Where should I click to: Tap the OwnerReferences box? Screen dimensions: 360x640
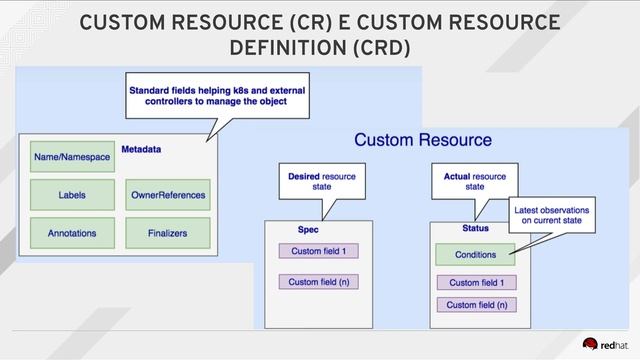[168, 195]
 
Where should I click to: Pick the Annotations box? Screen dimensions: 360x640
[72, 233]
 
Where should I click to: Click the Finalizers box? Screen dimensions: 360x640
[168, 233]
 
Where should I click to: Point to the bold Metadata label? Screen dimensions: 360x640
[142, 149]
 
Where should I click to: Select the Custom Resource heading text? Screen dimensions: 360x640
[423, 140]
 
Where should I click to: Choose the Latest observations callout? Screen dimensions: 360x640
[551, 216]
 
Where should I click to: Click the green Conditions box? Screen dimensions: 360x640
[475, 254]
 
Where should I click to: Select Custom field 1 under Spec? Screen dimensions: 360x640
[318, 251]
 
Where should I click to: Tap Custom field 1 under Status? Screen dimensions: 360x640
[475, 283]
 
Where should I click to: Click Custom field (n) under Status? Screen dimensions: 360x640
[475, 305]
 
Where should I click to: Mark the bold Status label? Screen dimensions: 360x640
[449, 229]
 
